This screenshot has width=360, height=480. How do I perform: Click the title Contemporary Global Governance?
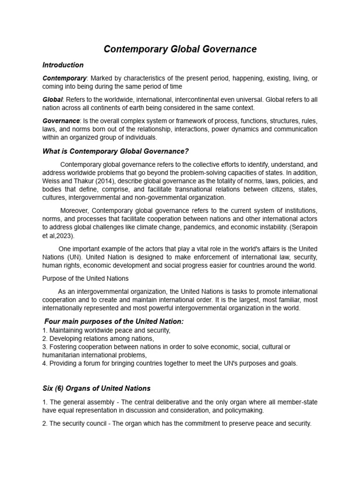tap(180, 49)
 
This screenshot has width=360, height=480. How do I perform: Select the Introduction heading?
tap(63, 65)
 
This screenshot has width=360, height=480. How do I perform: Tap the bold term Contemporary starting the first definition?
tap(64, 78)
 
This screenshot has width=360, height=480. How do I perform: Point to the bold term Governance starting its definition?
tap(61, 120)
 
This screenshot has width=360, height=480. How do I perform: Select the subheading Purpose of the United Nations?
tap(85, 278)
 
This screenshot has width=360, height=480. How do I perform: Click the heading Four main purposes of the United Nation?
tap(114, 321)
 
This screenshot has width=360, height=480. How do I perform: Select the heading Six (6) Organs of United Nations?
tap(96, 388)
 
